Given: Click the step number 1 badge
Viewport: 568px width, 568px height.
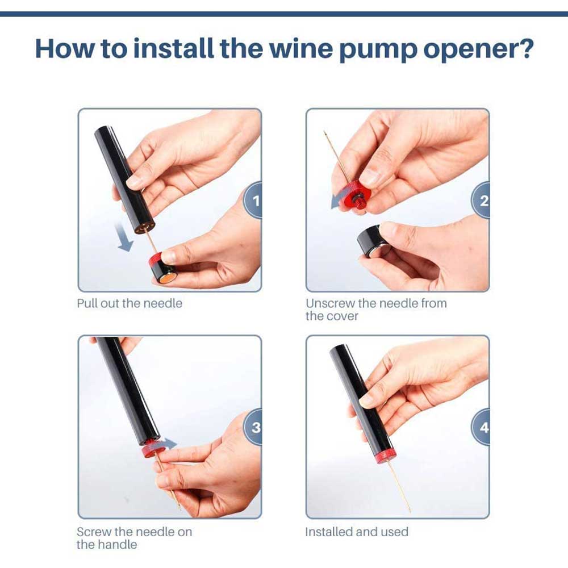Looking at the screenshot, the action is pos(253,200).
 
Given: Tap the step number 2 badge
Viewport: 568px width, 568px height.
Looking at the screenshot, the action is pos(482,200).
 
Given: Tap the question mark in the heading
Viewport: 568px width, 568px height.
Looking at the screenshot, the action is pos(524,48).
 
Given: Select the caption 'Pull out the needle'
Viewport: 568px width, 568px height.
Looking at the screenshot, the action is pos(130,303).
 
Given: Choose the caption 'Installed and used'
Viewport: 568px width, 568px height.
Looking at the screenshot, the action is pos(357,532).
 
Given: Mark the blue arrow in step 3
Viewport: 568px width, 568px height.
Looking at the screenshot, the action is pos(169,443).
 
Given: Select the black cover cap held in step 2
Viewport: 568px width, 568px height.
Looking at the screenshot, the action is pos(373,241).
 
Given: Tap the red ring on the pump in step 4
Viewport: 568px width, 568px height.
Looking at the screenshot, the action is pos(382,457).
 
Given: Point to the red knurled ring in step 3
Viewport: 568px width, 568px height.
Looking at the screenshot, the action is pos(152,450).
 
